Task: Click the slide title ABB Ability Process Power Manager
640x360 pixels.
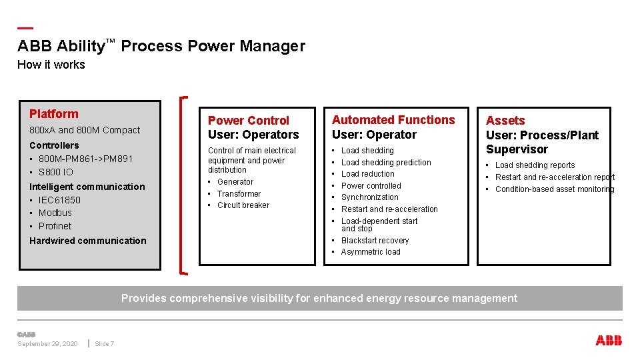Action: (161, 46)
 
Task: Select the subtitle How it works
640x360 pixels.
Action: (51, 65)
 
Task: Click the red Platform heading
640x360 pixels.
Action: (54, 114)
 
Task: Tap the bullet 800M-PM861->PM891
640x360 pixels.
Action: (85, 159)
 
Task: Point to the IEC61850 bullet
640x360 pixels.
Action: (59, 200)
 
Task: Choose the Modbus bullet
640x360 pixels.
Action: (55, 213)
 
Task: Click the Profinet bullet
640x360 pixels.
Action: (55, 226)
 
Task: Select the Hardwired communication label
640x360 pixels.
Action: (87, 241)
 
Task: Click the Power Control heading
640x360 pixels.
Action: (249, 121)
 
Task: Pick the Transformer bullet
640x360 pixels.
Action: (239, 193)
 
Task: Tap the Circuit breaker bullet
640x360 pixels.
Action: (243, 205)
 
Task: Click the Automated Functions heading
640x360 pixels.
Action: (393, 120)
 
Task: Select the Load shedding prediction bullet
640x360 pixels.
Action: (386, 162)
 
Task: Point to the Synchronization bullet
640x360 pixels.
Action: (369, 197)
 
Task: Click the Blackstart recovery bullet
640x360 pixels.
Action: (375, 240)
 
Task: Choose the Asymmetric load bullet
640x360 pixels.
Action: (371, 252)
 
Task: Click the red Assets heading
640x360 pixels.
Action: (505, 121)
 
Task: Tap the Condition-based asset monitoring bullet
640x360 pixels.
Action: (554, 189)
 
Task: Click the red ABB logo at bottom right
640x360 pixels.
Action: (608, 341)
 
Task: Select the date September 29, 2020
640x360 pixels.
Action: (47, 344)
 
